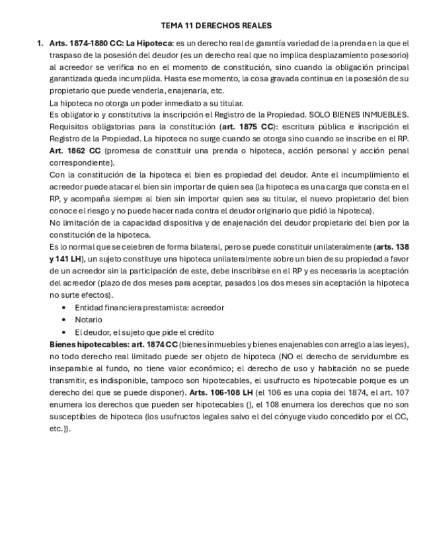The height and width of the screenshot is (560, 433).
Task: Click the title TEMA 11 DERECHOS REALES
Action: pos(216,26)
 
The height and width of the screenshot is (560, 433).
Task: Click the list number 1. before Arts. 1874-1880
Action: pos(40,43)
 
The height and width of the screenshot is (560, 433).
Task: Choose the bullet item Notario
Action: pos(89,320)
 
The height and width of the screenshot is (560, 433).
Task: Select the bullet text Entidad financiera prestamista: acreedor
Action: pos(149,308)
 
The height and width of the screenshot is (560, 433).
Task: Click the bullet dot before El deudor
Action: pos(63,332)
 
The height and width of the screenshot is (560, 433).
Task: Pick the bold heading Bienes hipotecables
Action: pos(89,345)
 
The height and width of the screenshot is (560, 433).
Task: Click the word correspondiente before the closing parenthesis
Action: pos(81,162)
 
